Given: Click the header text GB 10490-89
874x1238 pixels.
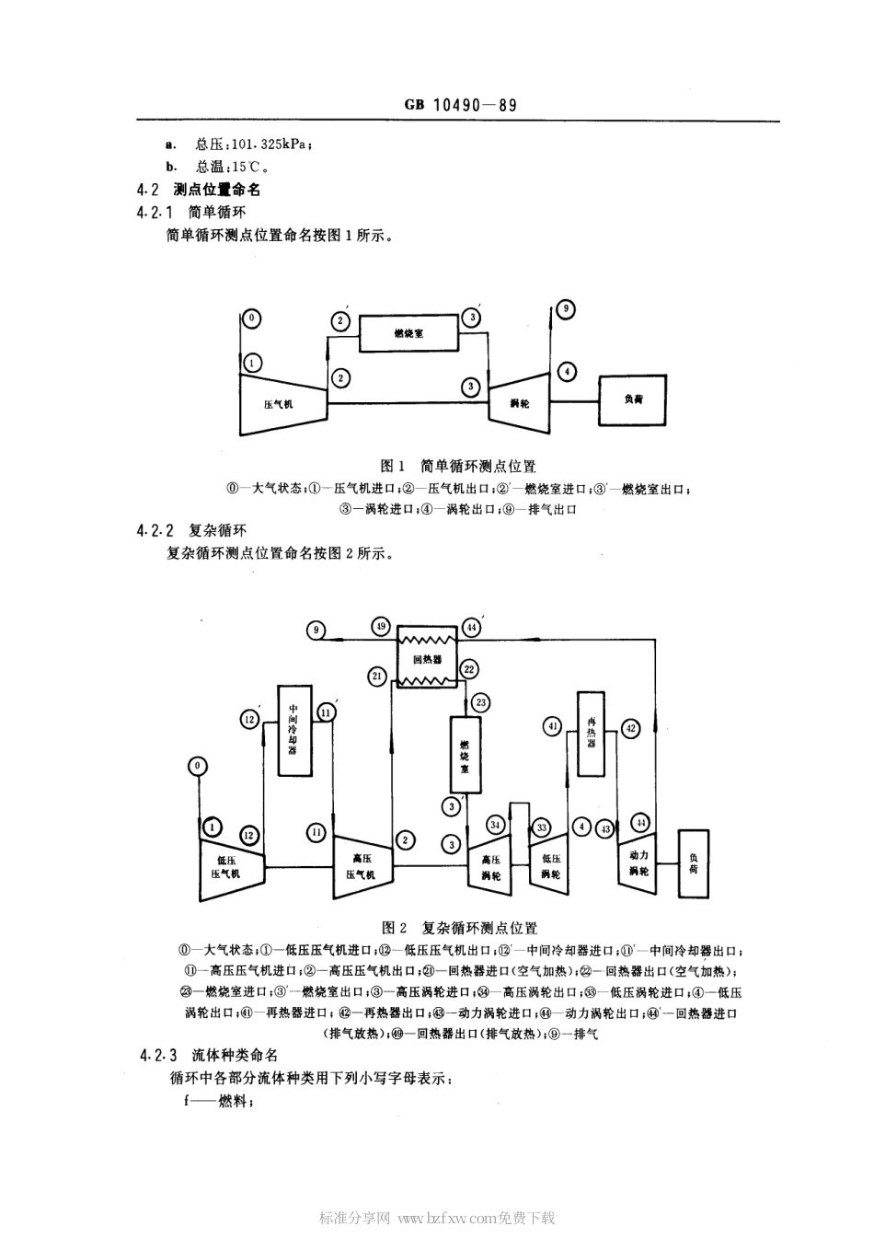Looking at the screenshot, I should pyautogui.click(x=460, y=105).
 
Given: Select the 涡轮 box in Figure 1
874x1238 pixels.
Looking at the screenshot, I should pyautogui.click(x=519, y=403).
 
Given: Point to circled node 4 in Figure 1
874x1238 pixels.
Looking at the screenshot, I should pyautogui.click(x=568, y=372).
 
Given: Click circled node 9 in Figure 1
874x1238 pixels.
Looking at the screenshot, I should pyautogui.click(x=567, y=309).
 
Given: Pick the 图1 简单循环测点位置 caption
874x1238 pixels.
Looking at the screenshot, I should pyautogui.click(x=458, y=467).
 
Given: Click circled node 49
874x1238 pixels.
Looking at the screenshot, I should pyautogui.click(x=381, y=627).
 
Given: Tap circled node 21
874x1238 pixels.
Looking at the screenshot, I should pyautogui.click(x=377, y=677).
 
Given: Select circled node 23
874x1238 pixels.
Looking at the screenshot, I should pyautogui.click(x=480, y=702).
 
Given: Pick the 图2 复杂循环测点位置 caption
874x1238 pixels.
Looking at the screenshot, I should pyautogui.click(x=459, y=928).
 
